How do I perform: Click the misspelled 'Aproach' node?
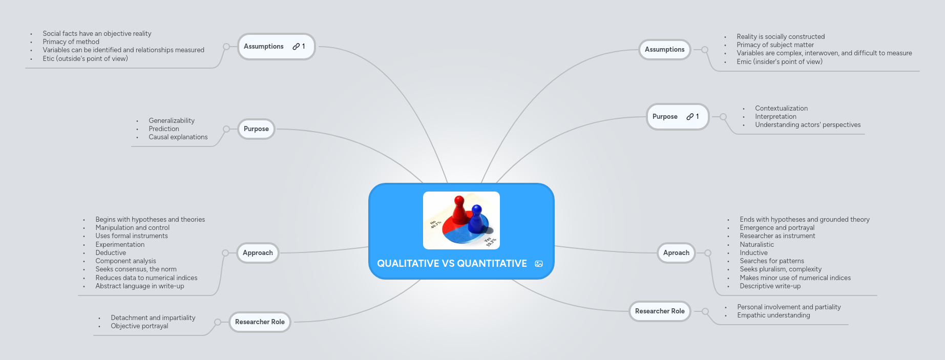[676, 253]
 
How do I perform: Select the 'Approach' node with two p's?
[258, 253]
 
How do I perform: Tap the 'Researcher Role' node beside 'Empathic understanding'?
[660, 311]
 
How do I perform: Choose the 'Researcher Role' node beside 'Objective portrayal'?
[260, 322]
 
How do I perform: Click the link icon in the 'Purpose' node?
[690, 117]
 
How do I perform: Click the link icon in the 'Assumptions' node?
[296, 47]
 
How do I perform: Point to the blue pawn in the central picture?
[477, 219]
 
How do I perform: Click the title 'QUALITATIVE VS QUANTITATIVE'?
[452, 264]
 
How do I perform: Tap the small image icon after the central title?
[539, 264]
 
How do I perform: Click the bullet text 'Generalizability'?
[172, 121]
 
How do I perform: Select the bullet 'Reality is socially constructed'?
[781, 37]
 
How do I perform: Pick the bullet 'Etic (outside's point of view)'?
[85, 59]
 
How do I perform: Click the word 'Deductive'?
[111, 253]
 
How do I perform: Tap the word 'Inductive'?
[753, 253]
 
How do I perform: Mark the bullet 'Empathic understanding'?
[773, 315]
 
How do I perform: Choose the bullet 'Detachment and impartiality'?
[153, 318]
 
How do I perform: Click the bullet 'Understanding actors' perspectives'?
[808, 125]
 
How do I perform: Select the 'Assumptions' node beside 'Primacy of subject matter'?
[664, 50]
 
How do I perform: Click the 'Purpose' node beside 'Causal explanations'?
[256, 129]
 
